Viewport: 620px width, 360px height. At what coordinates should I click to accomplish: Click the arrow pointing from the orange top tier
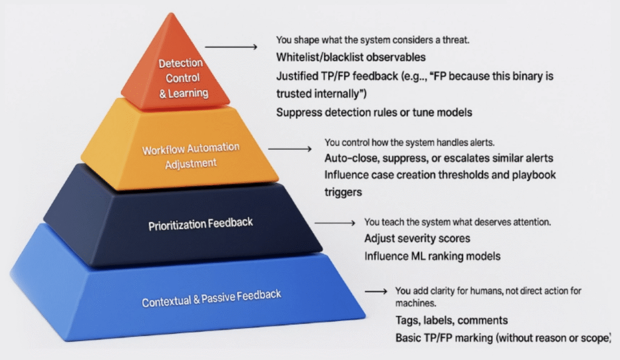point(231,47)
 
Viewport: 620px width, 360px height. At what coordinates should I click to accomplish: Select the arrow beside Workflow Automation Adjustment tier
point(290,149)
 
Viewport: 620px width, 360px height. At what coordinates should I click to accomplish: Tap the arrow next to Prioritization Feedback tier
point(335,223)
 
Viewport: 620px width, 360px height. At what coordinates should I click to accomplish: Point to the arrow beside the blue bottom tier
point(376,292)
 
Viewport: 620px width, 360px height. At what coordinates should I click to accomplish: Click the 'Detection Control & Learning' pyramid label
point(182,78)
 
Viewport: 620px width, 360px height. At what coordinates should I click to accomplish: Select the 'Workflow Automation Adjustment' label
point(191,155)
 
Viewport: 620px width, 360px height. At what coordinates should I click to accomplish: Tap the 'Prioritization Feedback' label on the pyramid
point(200,224)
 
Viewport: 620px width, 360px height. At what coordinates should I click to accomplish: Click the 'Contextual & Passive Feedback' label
point(211,298)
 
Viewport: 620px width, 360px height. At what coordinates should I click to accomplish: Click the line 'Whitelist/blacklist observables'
point(351,57)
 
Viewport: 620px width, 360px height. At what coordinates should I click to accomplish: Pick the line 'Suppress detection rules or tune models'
point(374,113)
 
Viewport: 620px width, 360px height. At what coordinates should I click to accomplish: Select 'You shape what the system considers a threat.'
point(372,40)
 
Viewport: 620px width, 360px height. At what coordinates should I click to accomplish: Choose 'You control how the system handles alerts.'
point(409,142)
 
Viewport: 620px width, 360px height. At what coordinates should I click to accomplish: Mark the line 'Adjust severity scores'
point(417,238)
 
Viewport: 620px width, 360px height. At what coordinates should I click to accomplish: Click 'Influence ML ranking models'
point(432,257)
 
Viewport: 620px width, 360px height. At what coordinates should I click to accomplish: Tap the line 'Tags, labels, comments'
point(452,320)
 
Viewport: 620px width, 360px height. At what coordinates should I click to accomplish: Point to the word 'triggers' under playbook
point(343,192)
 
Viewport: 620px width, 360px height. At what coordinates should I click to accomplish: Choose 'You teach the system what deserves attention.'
point(458,222)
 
